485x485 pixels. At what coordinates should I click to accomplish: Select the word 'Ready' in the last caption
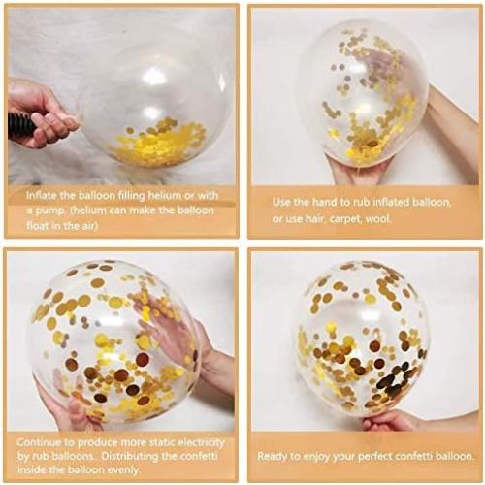273,455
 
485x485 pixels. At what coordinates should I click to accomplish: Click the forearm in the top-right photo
455,126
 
